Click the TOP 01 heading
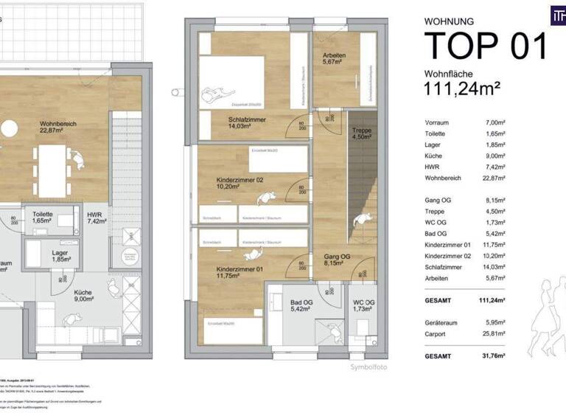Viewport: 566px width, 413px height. pyautogui.click(x=486, y=46)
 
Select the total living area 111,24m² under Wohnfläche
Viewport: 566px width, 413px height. pyautogui.click(x=462, y=88)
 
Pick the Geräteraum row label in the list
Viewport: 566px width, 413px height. pyautogui.click(x=441, y=322)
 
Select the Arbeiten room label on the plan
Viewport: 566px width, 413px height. pyautogui.click(x=335, y=56)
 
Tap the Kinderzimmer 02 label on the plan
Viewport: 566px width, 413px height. pyautogui.click(x=240, y=180)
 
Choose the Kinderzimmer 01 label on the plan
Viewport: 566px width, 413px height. pyautogui.click(x=240, y=269)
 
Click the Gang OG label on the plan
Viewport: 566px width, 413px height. pyautogui.click(x=337, y=256)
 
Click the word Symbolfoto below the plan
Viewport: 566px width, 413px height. pyautogui.click(x=368, y=367)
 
